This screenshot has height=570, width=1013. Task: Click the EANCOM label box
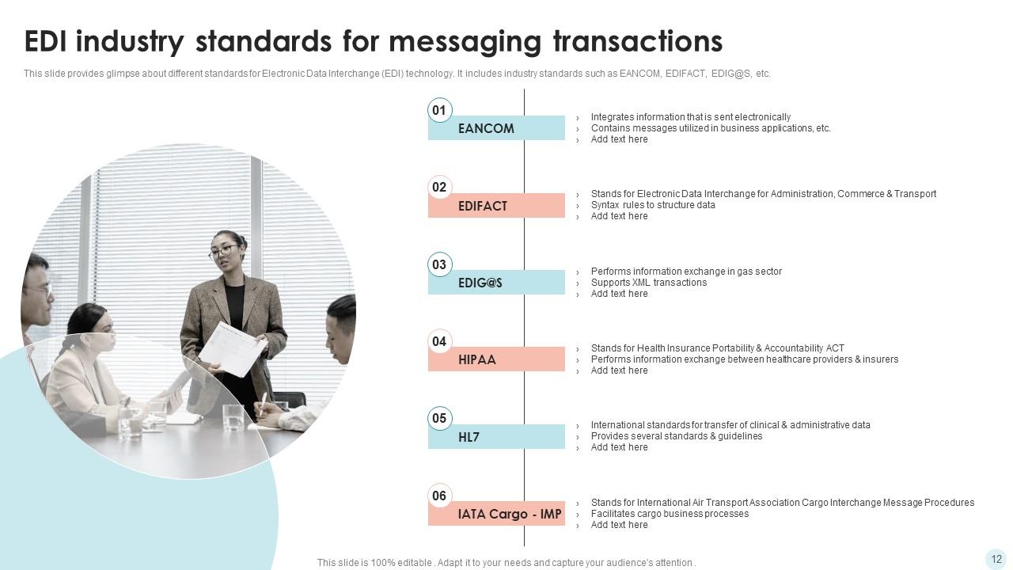pyautogui.click(x=496, y=128)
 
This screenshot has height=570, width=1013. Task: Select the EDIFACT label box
pyautogui.click(x=496, y=205)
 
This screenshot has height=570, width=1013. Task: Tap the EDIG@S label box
pyautogui.click(x=496, y=283)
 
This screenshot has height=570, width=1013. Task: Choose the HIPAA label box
pyautogui.click(x=496, y=359)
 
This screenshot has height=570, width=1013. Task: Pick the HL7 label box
pyautogui.click(x=496, y=436)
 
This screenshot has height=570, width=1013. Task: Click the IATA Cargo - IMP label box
pyautogui.click(x=496, y=514)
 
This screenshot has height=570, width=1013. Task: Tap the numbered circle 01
pyautogui.click(x=439, y=110)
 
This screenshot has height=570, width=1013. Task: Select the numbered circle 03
pyautogui.click(x=439, y=264)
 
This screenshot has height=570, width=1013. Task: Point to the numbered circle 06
pyautogui.click(x=439, y=496)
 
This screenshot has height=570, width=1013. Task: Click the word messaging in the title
pyautogui.click(x=465, y=42)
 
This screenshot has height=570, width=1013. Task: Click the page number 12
pyautogui.click(x=996, y=559)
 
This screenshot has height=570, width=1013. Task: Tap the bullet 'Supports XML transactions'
pyautogui.click(x=648, y=283)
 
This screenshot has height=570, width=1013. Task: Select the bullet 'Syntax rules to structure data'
pyautogui.click(x=653, y=205)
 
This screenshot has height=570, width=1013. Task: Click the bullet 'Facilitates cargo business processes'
pyautogui.click(x=670, y=514)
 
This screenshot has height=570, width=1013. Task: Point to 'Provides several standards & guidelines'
pyautogui.click(x=677, y=436)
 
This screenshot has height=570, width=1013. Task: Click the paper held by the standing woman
pyautogui.click(x=233, y=348)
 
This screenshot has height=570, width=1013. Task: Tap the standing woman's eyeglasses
pyautogui.click(x=224, y=251)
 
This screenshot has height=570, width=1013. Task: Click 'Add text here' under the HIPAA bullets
pyautogui.click(x=619, y=370)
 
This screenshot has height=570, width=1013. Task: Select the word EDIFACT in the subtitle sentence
pyautogui.click(x=685, y=74)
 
